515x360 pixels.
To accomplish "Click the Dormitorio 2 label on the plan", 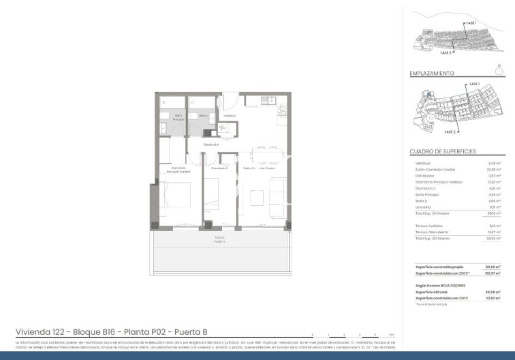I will (219, 168).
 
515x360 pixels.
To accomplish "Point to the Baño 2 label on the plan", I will (194, 117).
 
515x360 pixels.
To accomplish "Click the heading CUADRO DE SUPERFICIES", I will (442, 151).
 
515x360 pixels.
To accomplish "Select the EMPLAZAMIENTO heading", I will (432, 73).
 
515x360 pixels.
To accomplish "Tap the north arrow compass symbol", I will (499, 69).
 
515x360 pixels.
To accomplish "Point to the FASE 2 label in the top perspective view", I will (446, 52).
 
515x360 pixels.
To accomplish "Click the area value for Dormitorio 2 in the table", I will (494, 188).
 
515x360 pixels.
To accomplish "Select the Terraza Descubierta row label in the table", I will (431, 232).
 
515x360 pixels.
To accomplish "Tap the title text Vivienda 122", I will (41, 332).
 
